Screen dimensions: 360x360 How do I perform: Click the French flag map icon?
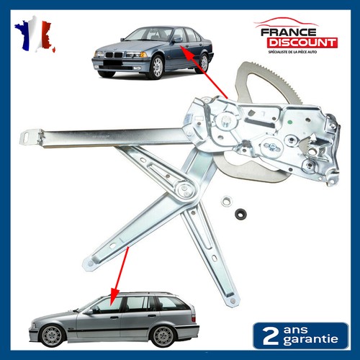point(35,34)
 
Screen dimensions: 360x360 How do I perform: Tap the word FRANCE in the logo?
point(289,32)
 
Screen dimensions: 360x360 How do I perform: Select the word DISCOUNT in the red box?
point(302,42)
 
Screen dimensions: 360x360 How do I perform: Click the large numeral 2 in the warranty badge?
point(271,336)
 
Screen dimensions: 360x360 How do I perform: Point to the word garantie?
point(310,340)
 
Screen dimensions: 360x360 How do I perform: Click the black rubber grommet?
point(240,214)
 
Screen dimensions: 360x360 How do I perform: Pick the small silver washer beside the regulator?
point(225,201)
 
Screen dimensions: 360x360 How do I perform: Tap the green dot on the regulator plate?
point(290,122)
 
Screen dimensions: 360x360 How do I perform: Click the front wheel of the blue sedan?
point(156,67)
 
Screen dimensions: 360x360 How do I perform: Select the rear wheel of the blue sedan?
point(203,63)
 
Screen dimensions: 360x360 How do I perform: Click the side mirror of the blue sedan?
point(177,40)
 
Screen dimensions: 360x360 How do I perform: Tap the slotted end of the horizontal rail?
point(31,138)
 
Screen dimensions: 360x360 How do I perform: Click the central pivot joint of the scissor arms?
point(184,189)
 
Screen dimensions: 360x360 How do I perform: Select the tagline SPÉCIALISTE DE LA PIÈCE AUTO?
point(292,52)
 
